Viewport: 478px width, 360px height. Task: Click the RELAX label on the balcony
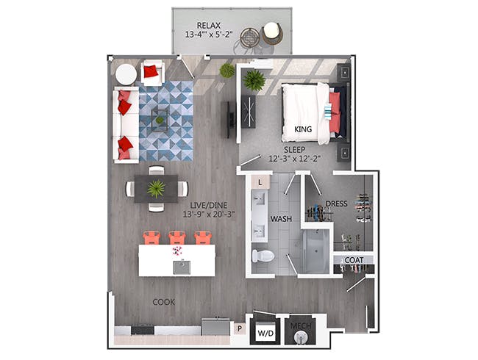[209, 25]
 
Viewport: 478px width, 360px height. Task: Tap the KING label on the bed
[303, 129]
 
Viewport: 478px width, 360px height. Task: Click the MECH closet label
[301, 326]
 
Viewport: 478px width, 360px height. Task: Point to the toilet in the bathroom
[263, 256]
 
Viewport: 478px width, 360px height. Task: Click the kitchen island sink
[182, 267]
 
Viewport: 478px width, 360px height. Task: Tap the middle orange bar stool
[177, 238]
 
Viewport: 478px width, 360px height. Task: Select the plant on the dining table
[156, 189]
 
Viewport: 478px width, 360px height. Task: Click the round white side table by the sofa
[126, 75]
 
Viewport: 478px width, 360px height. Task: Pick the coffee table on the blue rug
[160, 120]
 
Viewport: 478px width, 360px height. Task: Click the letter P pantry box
[240, 328]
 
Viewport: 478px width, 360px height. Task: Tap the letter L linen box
[260, 182]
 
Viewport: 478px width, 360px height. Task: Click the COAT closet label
[354, 260]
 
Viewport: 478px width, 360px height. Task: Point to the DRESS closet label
[336, 204]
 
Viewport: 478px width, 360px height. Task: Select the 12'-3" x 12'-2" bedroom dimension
[295, 159]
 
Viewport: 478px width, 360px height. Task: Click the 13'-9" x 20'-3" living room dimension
[209, 214]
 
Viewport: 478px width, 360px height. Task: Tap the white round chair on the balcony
[271, 33]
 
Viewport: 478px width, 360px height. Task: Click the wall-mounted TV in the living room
[231, 120]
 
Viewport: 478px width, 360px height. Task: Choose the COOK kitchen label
[164, 302]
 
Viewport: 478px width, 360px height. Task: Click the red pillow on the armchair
[151, 72]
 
